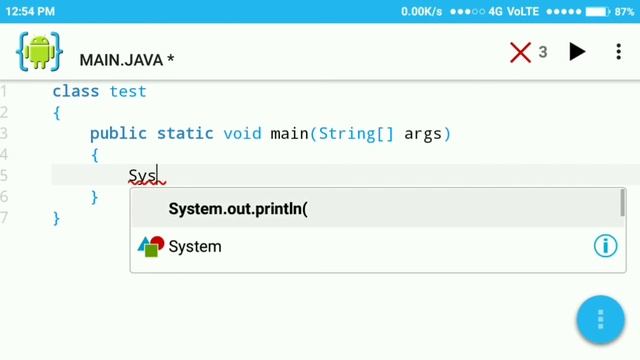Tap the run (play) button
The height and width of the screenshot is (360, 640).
point(577,52)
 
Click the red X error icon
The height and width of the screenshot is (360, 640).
point(520,52)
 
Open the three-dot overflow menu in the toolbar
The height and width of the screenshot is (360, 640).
point(618,52)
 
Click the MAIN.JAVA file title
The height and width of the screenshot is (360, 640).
point(127,60)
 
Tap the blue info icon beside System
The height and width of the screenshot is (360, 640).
point(605,246)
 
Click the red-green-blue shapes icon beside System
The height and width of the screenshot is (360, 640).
point(150,246)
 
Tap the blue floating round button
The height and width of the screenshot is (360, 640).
point(600,320)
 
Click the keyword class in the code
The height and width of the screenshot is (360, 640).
point(75,91)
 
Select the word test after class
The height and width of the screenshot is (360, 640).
point(128,91)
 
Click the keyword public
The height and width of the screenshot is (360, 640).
point(118,133)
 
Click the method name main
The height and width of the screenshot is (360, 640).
point(289,133)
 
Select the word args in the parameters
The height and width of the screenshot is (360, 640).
point(422,133)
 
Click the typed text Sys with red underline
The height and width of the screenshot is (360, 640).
point(143,176)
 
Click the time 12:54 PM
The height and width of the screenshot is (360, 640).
point(29,11)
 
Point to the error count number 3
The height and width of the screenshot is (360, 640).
point(543,52)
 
